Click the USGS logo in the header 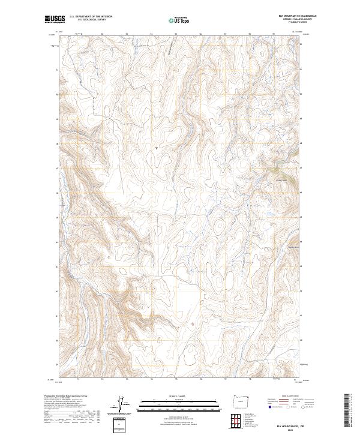coord(53,19)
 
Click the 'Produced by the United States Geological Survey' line coord(62,397)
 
